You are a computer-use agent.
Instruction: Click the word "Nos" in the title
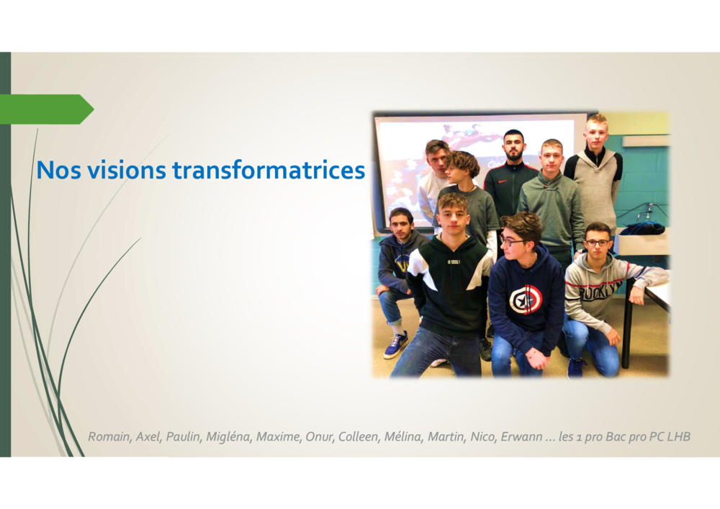tap(58, 170)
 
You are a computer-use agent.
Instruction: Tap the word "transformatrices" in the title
tap(269, 169)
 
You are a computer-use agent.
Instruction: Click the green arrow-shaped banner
tap(47, 109)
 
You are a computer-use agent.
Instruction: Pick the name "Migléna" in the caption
tap(228, 437)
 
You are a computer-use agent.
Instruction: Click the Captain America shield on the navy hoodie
tap(526, 300)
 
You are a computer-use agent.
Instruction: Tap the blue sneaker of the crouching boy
tap(396, 345)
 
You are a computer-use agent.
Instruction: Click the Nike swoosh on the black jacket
tap(503, 181)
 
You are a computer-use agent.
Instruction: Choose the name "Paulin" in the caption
tap(184, 436)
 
